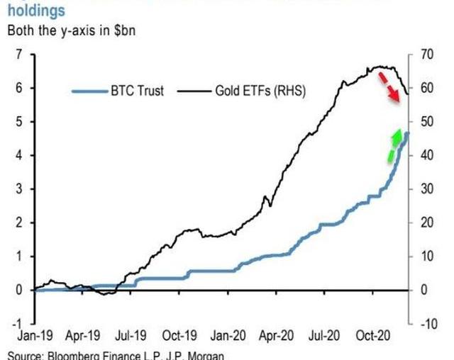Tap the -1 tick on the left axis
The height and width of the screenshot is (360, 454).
tap(15, 323)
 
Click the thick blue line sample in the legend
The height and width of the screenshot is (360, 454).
tap(89, 91)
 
